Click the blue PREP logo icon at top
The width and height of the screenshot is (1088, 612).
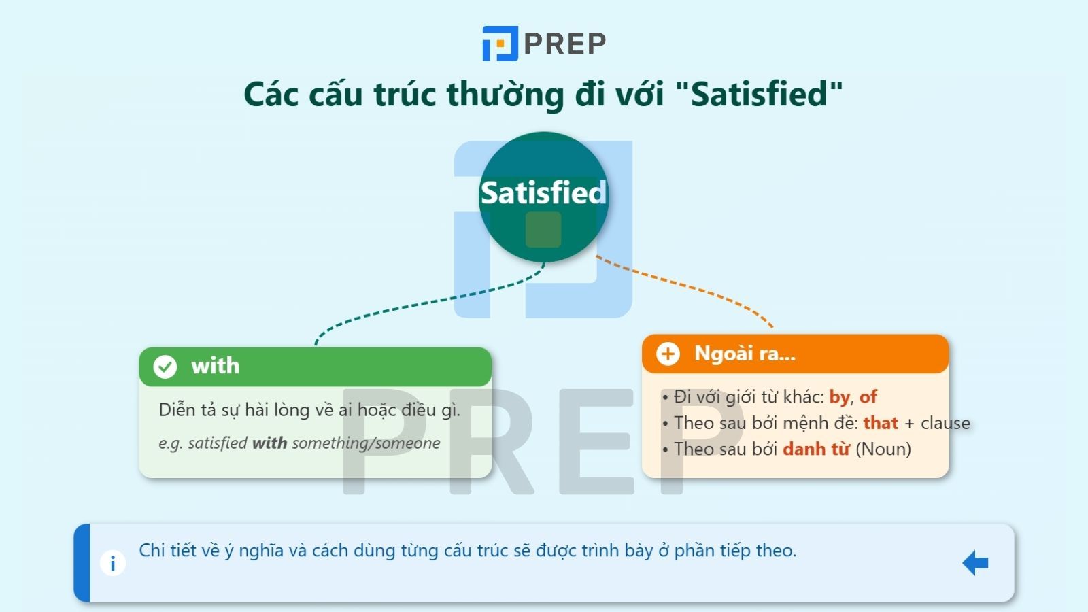(500, 44)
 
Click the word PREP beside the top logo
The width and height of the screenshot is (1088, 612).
(565, 44)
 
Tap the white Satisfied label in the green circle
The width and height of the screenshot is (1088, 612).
(543, 193)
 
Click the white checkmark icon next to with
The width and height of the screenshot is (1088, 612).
(165, 367)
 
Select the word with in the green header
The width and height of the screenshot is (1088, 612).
(215, 366)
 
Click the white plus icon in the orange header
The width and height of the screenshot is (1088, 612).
(668, 354)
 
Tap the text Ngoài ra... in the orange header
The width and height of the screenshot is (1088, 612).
(745, 354)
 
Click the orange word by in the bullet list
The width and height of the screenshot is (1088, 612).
(840, 397)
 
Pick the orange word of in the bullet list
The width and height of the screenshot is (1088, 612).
(868, 397)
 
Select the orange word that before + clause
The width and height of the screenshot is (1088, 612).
(881, 423)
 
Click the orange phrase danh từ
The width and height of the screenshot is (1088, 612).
(816, 449)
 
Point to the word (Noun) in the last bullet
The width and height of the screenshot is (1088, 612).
(883, 449)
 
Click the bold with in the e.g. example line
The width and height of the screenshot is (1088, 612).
(269, 443)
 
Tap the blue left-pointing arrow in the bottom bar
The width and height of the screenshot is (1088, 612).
(975, 563)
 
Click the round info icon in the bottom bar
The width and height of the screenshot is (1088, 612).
(113, 564)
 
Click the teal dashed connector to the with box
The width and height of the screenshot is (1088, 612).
(430, 301)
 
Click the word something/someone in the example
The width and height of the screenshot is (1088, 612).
(367, 443)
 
